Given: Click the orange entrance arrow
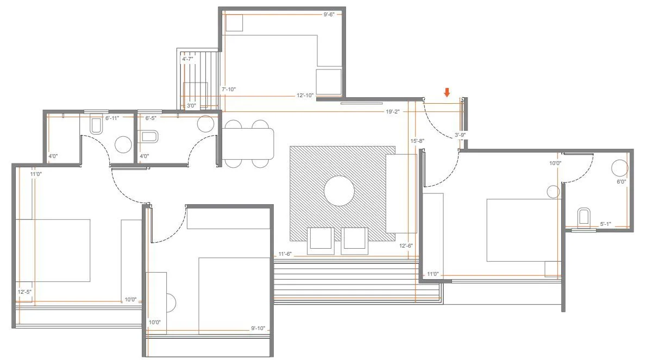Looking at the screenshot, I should coord(447,93).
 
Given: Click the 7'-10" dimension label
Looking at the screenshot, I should coord(229,89).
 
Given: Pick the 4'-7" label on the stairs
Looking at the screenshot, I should coord(188,59).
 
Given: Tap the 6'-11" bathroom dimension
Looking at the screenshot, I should coord(112,117).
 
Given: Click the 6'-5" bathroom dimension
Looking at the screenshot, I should coord(150,117).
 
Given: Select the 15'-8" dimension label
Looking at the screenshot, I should coord(417,141).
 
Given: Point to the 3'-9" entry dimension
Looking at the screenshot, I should coord(460,135).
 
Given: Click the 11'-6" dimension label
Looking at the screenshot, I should coord(285,254).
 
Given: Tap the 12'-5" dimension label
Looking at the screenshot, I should coord(24,292).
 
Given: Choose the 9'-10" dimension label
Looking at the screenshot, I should coord(258,328).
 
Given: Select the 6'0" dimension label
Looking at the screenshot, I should coord(621,182).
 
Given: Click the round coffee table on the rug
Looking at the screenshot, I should coord(340,191).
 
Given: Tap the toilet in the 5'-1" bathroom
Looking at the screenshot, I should coord(585,216).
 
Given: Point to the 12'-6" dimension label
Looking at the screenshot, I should coord(405,245).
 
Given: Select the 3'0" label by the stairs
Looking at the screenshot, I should coord(191,106).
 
